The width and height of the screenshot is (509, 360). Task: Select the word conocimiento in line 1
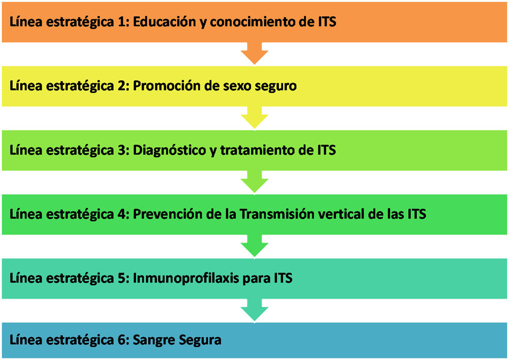point(254,21)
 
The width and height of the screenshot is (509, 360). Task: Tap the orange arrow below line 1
point(254,53)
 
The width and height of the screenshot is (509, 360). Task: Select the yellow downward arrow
point(254,117)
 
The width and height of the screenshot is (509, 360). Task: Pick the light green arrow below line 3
point(254,182)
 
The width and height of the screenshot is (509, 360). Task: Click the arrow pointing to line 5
point(254,246)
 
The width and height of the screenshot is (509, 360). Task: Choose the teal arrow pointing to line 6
point(254,310)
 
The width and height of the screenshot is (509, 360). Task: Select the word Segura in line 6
point(200,340)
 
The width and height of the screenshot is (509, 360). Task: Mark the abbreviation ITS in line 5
point(283,278)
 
